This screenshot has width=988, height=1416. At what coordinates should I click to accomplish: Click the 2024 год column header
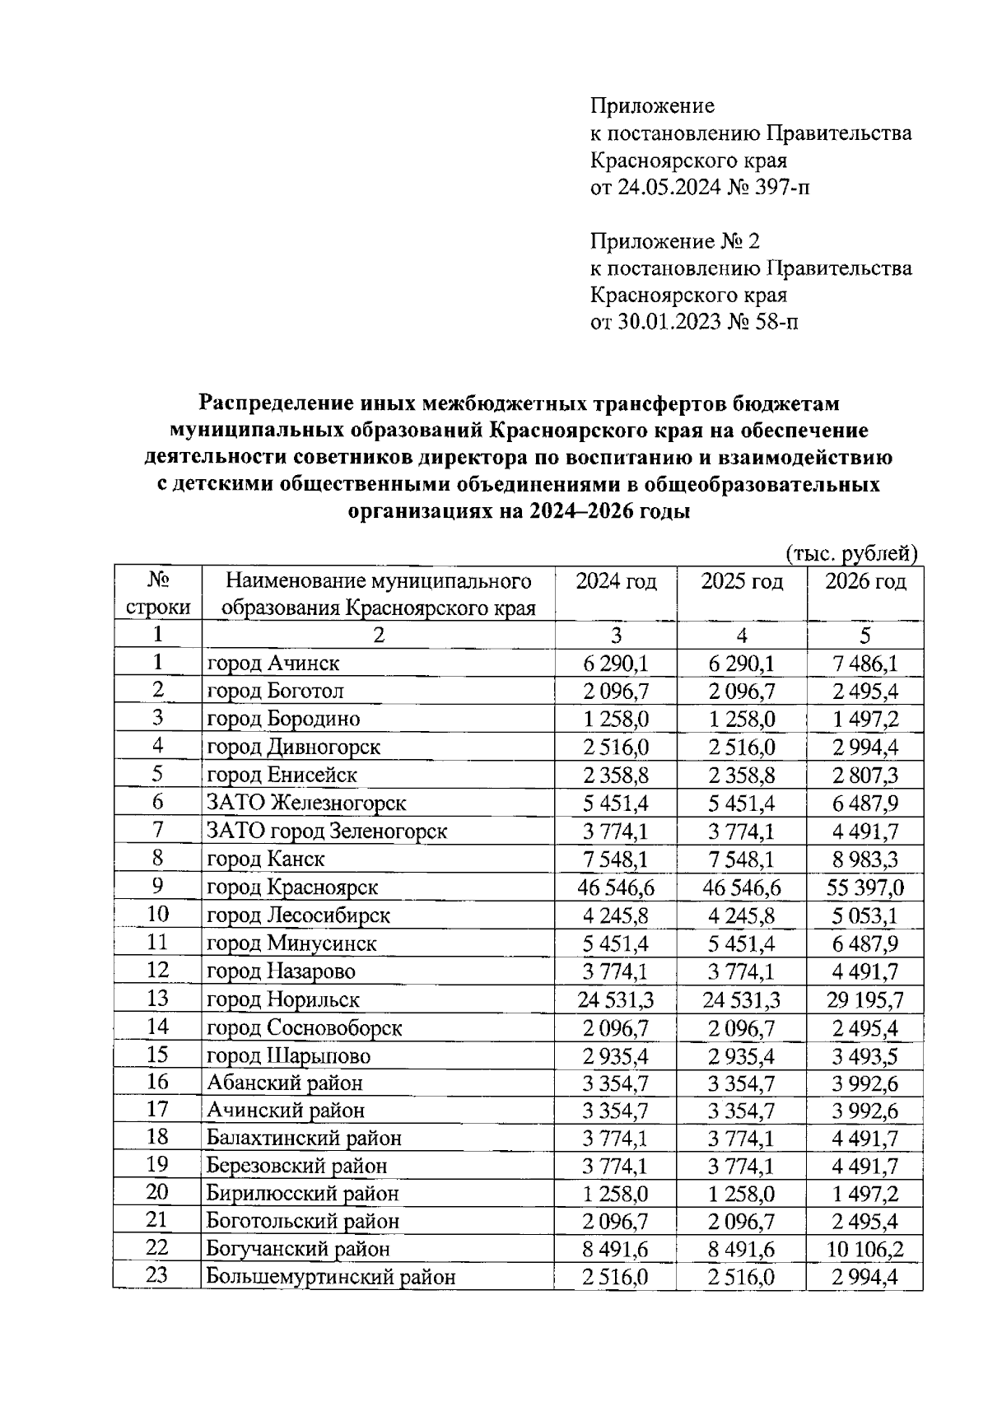tap(616, 582)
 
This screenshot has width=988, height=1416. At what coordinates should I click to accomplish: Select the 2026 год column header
tap(865, 582)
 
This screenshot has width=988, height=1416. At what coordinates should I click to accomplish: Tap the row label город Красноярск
tap(292, 887)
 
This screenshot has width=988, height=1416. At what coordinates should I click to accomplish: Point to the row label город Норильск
tap(283, 999)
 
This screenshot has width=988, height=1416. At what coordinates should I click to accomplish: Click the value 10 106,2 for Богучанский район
tap(865, 1250)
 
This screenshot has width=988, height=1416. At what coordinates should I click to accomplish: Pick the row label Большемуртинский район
tap(331, 1278)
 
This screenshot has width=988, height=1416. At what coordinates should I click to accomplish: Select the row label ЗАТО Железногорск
tap(306, 803)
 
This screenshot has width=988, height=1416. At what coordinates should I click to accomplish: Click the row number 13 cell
tap(157, 999)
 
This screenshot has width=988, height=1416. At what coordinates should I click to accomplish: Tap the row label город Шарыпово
tap(288, 1055)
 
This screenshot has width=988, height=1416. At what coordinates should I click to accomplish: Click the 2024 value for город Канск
tap(616, 859)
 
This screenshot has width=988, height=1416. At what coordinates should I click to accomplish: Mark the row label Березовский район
tap(296, 1166)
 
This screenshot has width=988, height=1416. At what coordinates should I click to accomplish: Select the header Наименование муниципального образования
tap(379, 594)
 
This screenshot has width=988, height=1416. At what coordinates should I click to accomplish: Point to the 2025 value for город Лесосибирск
tap(742, 915)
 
